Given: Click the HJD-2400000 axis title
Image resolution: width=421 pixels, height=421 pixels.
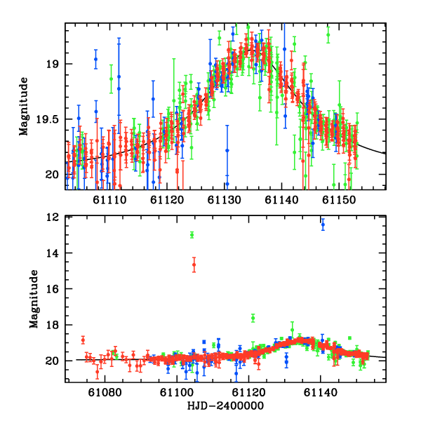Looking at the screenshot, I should pos(226,406).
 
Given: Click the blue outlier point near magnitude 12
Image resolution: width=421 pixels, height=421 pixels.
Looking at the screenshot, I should pos(323,225).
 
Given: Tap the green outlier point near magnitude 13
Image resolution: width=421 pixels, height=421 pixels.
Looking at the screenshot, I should pos(192,234).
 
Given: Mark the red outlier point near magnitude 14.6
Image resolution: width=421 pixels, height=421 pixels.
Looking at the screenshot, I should pos(194,265).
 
